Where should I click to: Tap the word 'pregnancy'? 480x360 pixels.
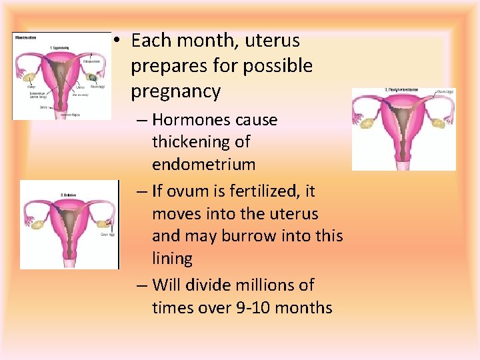(175, 91)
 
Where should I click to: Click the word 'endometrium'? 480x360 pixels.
(203, 164)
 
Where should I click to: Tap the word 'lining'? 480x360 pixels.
(172, 259)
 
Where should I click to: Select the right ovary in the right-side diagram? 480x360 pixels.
(438, 122)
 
